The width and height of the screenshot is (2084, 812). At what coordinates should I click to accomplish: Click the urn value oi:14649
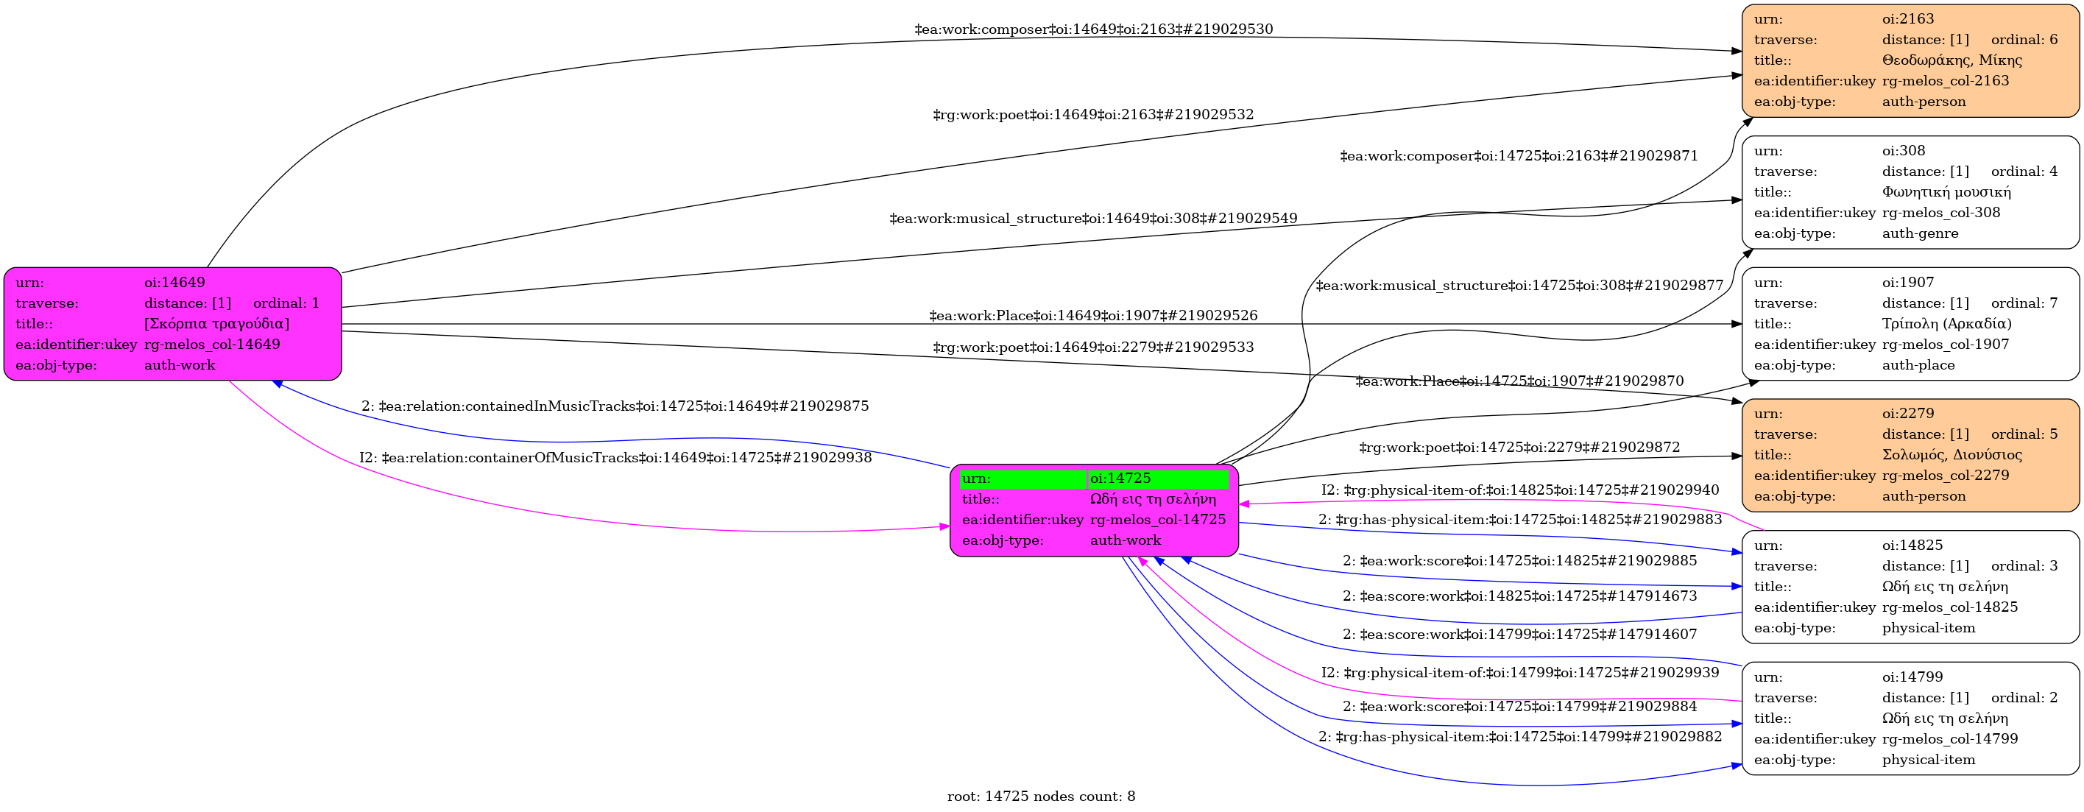point(174,282)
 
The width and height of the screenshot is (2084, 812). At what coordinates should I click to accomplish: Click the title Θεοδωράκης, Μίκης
point(1952,60)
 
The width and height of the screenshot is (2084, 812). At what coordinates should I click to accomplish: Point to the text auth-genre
point(1921,233)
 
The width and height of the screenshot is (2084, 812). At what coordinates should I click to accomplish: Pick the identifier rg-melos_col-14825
point(1950,607)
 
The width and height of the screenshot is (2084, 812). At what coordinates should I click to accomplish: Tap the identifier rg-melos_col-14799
point(1950,738)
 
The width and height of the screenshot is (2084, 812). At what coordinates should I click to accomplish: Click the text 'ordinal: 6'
point(2024,40)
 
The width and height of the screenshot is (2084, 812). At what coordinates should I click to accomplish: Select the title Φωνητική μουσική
point(1946,191)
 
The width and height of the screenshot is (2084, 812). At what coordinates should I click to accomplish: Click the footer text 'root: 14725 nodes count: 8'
point(1041,797)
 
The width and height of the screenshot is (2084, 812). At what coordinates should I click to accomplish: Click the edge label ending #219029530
point(1094,29)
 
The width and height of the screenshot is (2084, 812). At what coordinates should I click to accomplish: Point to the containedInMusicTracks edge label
point(615,406)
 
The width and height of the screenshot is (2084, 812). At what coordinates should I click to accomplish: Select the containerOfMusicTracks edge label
point(615,458)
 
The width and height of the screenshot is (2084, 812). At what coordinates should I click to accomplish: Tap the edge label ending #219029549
point(1094,219)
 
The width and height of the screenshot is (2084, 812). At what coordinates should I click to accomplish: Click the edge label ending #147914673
point(1520,596)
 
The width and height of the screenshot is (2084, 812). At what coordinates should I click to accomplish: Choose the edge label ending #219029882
point(1520,737)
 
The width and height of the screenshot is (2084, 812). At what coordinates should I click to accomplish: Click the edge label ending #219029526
point(1094,315)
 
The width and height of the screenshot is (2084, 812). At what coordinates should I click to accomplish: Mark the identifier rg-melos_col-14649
point(212,345)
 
